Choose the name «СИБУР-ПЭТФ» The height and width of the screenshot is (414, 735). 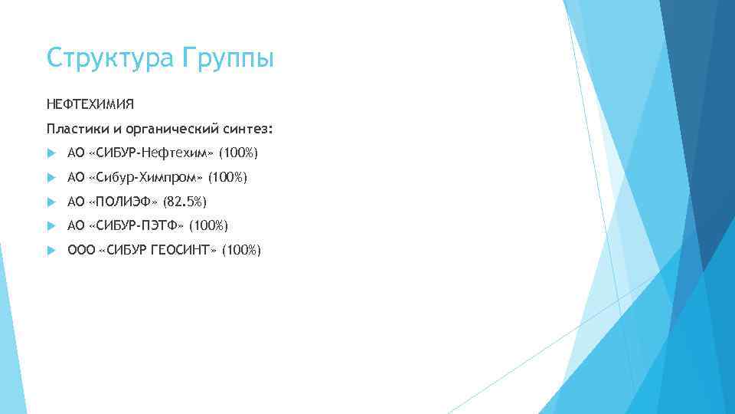coord(136,225)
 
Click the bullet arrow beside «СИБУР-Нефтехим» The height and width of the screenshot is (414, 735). coord(51,154)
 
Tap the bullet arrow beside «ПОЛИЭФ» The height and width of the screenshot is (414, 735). coord(51,202)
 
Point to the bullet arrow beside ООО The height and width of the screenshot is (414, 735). coord(51,250)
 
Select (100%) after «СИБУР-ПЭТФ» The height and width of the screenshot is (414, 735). coord(208,225)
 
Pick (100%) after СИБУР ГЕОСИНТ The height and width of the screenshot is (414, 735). coord(241,250)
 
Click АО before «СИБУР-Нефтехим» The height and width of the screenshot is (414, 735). coord(76,154)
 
